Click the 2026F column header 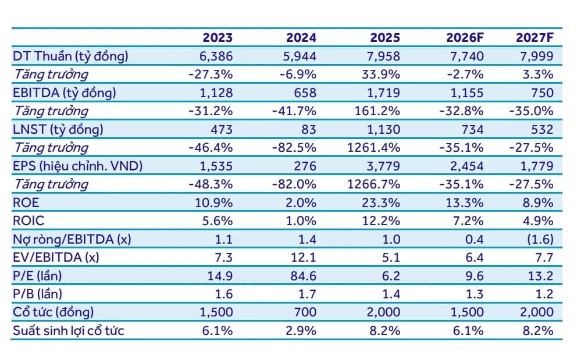tap(465, 37)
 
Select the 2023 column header tap(218, 37)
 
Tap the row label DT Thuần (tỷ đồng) tap(70, 56)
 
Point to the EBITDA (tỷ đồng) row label tap(65, 93)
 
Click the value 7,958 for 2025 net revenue tap(383, 56)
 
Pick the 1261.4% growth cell tap(373, 148)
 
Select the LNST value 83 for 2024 tap(309, 129)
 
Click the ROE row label tap(26, 202)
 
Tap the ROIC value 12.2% tap(381, 221)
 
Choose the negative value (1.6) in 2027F tap(540, 239)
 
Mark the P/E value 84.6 tap(304, 276)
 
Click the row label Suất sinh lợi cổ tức tap(68, 331)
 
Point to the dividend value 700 tap(305, 312)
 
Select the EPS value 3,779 tap(383, 166)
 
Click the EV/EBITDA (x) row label tap(56, 258)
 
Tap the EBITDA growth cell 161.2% tap(377, 111)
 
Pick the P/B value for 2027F tap(544, 294)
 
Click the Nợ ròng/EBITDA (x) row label tap(72, 239)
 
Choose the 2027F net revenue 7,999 tap(537, 56)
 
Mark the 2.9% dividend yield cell tap(301, 331)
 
